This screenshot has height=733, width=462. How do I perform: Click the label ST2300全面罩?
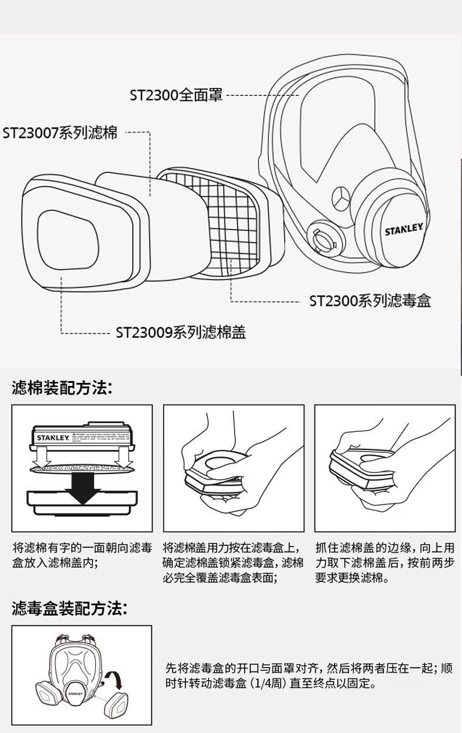point(176,95)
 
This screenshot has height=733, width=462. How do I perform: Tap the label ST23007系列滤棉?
point(60,133)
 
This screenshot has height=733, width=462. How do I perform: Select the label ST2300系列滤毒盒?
point(370,301)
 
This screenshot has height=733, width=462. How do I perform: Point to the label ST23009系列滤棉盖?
point(180,333)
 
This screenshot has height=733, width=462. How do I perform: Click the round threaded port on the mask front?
point(322,237)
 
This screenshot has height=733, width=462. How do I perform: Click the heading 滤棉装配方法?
point(61,388)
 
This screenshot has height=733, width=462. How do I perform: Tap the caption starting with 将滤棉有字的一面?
point(82,555)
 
